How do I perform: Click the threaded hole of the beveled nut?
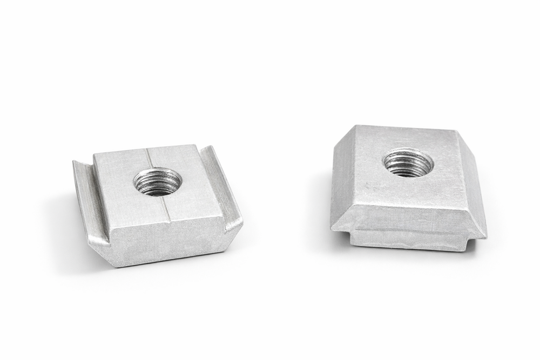point(408,162)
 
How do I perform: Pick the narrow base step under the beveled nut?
point(410,241)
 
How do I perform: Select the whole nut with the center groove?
point(159,205)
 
